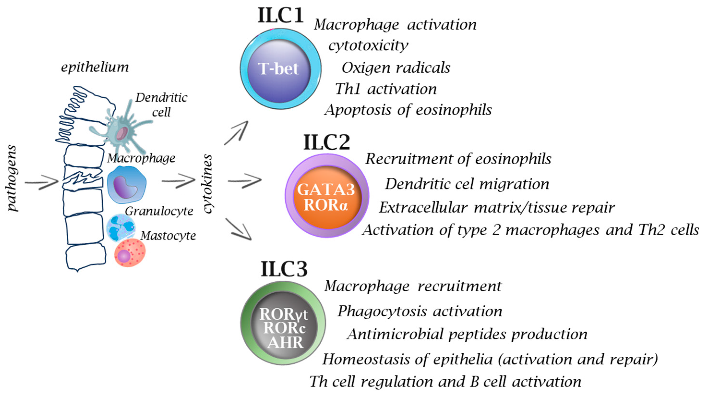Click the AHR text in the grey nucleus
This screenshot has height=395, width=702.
(x=285, y=342)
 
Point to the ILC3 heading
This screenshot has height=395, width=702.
(x=284, y=269)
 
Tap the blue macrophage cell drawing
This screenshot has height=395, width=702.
(x=127, y=185)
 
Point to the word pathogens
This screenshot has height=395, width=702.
(x=12, y=178)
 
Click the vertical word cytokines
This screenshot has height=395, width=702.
(x=208, y=184)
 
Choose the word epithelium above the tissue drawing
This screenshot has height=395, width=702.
(x=95, y=67)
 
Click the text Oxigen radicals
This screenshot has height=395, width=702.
(x=396, y=68)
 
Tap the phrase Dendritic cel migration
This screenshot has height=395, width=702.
(x=467, y=184)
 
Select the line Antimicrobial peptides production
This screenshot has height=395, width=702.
(x=467, y=334)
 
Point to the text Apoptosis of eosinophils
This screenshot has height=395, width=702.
(x=408, y=110)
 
